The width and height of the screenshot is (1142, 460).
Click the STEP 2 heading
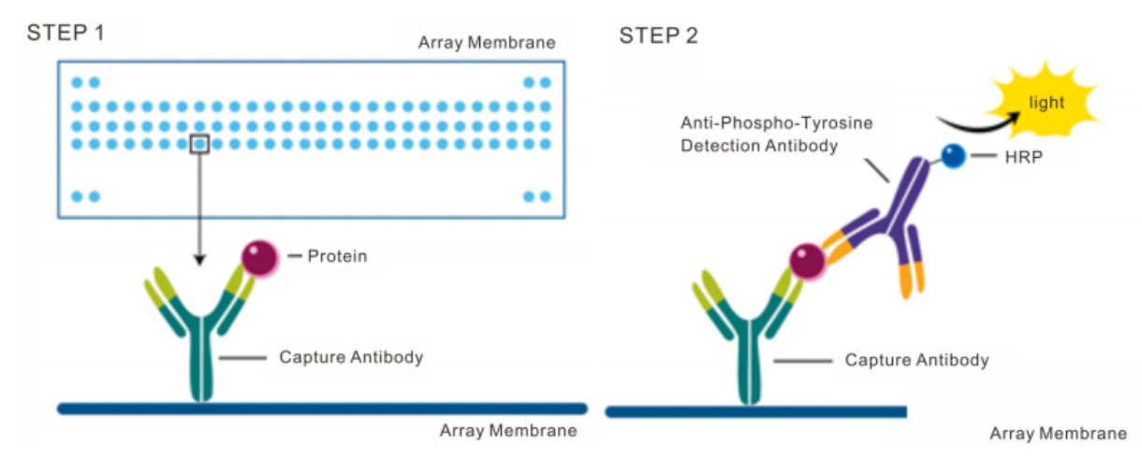coord(658,36)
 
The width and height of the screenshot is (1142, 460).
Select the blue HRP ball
coord(953,156)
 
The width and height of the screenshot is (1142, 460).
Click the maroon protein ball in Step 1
coord(260,258)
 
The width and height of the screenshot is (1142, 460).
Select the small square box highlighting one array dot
coord(199,144)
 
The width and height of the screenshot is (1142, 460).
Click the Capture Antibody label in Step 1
coord(351,357)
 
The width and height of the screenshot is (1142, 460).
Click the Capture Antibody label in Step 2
coord(916,360)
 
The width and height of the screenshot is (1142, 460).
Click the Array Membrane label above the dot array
coord(487,42)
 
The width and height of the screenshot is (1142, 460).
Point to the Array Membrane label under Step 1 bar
coord(508,431)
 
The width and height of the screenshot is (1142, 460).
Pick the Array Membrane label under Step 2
coord(1058,434)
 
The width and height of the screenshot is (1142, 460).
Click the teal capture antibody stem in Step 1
coord(201,365)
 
